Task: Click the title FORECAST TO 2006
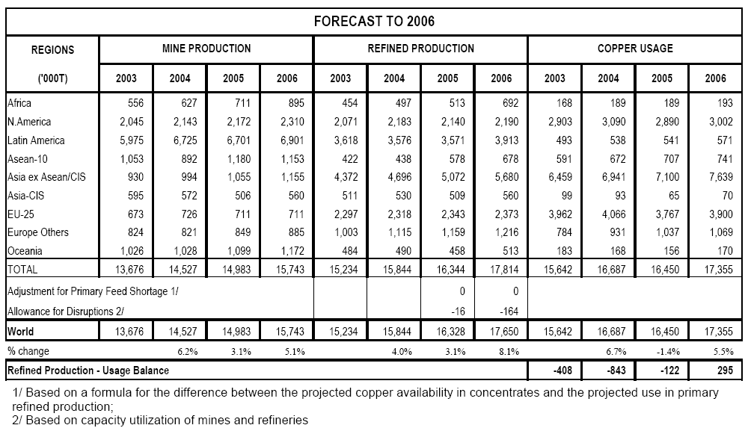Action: [x=374, y=21]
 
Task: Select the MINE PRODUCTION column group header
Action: [x=206, y=49]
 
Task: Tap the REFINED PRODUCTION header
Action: [x=420, y=49]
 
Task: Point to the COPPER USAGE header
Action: [x=635, y=49]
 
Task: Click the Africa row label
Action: [x=19, y=103]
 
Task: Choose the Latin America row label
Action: [x=36, y=140]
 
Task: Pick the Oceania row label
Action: [x=25, y=250]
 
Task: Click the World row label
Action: [x=20, y=330]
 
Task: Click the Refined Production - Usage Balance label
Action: [x=88, y=370]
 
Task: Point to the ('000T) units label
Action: [x=52, y=78]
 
